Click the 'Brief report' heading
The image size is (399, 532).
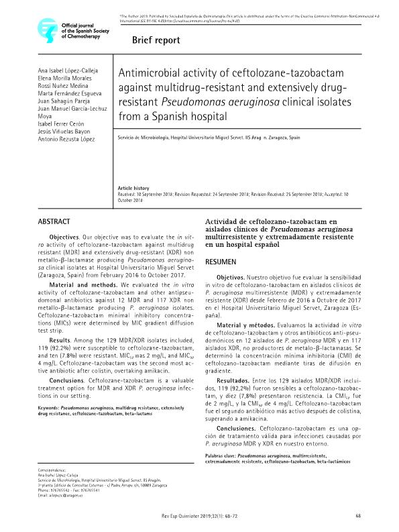coord(157,40)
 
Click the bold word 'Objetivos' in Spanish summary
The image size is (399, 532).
coord(235,278)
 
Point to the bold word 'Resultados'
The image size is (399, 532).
coord(237,382)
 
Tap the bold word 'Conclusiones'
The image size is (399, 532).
coord(239,427)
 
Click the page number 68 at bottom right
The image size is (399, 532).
coord(358,515)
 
